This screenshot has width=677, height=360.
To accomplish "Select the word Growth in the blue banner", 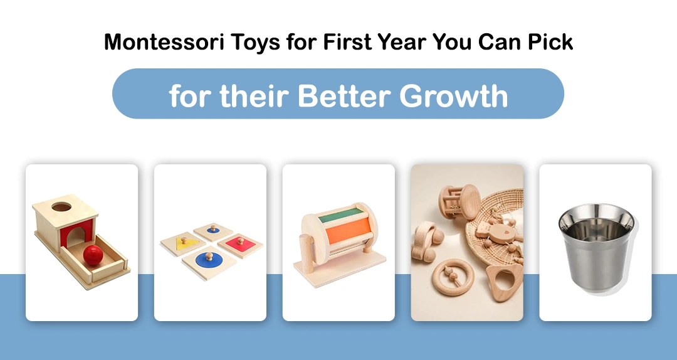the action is (454, 95).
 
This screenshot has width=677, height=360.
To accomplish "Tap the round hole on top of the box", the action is (61, 207).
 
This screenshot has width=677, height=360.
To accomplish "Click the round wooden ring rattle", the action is (453, 277).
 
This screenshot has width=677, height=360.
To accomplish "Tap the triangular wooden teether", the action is (504, 282).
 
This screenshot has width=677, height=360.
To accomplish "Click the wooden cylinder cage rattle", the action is (459, 202).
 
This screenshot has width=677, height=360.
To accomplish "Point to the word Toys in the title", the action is (255, 43).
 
